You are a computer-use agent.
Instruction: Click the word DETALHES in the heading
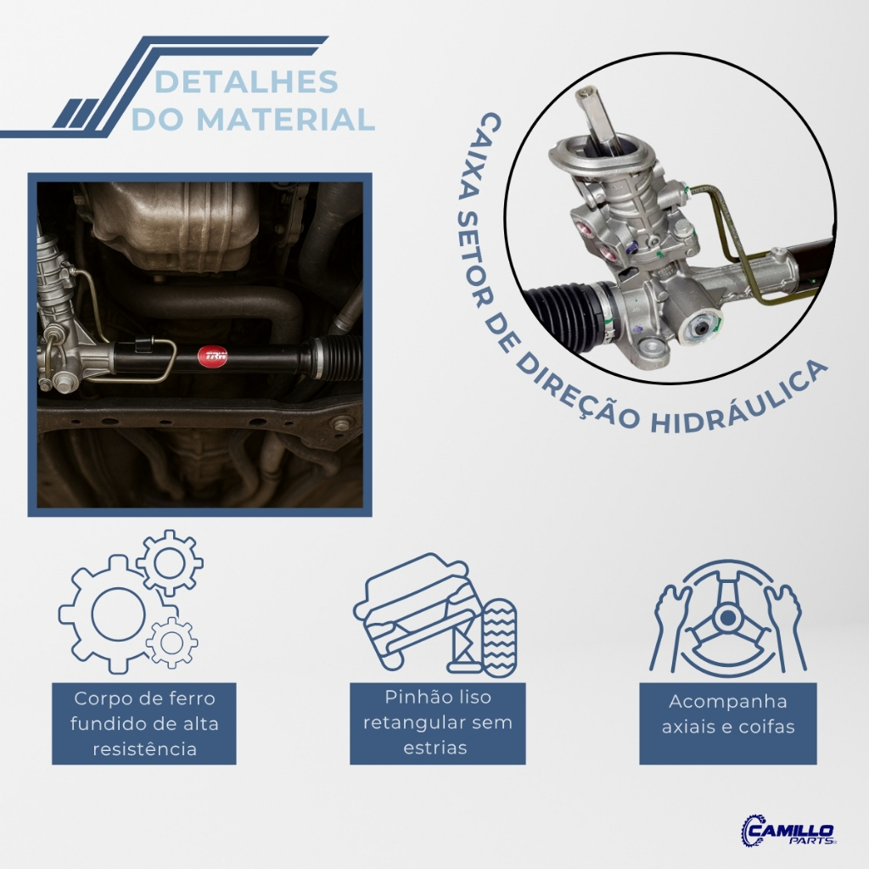click(x=247, y=82)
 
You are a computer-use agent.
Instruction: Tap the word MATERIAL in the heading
click(x=285, y=119)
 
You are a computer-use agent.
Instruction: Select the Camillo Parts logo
click(x=788, y=830)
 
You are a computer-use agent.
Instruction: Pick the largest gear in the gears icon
click(x=111, y=614)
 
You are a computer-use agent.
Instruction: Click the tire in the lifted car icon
click(x=499, y=637)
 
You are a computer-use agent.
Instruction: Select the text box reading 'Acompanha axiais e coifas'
click(x=727, y=724)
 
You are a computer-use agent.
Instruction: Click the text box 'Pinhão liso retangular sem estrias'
click(x=437, y=724)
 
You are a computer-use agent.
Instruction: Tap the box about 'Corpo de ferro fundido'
click(x=144, y=724)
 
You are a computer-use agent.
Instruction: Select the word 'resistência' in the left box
click(x=144, y=749)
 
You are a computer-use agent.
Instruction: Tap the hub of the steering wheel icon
click(x=727, y=617)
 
